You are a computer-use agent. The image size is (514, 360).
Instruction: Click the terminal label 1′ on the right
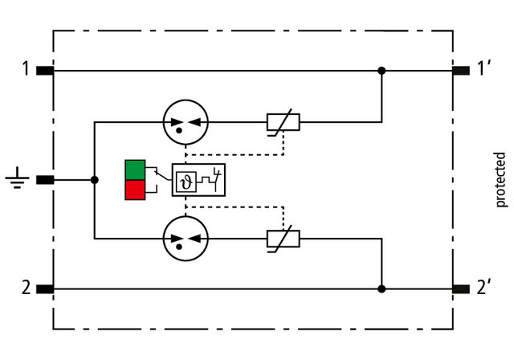[484, 70]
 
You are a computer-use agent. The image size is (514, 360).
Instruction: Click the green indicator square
[135, 170]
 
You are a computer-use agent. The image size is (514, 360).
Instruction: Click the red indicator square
[135, 190]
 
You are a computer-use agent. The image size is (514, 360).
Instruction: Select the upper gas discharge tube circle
[185, 123]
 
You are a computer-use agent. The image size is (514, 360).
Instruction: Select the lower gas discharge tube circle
[185, 238]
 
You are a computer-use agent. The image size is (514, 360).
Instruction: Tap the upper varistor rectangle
[283, 123]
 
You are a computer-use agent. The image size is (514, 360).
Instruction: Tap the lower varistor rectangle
[283, 238]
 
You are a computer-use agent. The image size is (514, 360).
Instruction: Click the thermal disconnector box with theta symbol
[198, 180]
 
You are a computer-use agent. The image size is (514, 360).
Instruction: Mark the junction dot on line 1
[381, 71]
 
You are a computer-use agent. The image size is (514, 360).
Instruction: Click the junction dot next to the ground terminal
[95, 180]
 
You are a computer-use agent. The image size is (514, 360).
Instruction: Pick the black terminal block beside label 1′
[461, 71]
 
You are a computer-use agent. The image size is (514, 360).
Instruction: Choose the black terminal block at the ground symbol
[45, 180]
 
